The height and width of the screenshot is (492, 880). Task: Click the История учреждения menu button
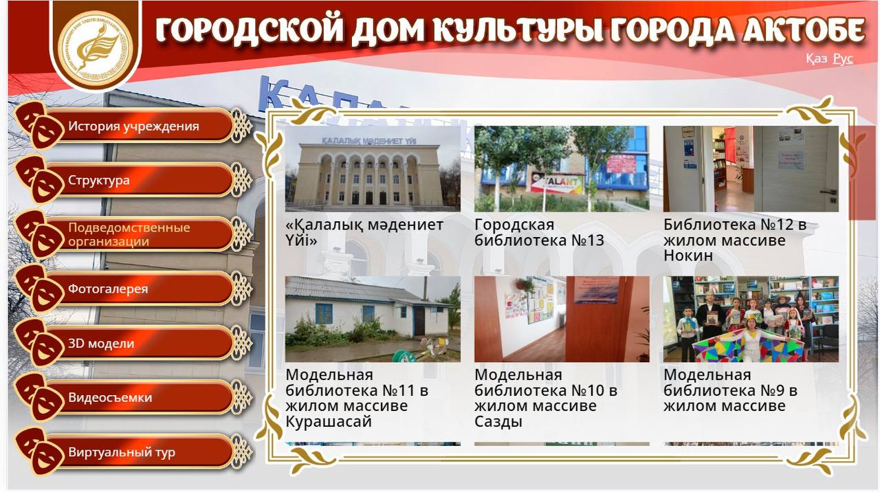pos(133,126)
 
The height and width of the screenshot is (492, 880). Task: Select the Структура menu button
pos(133,180)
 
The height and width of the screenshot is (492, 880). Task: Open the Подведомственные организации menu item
pos(133,234)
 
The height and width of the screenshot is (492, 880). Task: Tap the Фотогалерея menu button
pos(133,289)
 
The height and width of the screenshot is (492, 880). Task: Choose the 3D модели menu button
pos(133,343)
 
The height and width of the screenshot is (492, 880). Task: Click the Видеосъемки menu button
pos(133,397)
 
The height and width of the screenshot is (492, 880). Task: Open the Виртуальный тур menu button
pos(133,452)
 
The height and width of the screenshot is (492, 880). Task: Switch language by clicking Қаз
pos(816,59)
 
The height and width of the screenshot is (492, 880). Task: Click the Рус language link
pos(843,59)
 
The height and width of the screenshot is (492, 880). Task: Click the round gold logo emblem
pos(96,46)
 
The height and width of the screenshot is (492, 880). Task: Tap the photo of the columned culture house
pos(373,169)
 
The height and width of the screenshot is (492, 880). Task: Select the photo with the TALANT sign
pos(562,169)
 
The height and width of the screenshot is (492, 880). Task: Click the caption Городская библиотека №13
pos(539,232)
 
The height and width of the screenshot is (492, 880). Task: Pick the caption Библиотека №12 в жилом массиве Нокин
pos(735,240)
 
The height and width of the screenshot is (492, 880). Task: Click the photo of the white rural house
pos(373,319)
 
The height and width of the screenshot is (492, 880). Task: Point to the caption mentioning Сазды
pos(546,398)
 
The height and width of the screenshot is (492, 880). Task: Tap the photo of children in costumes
pos(751,319)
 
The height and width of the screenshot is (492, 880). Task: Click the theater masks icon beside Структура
pos(39,179)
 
